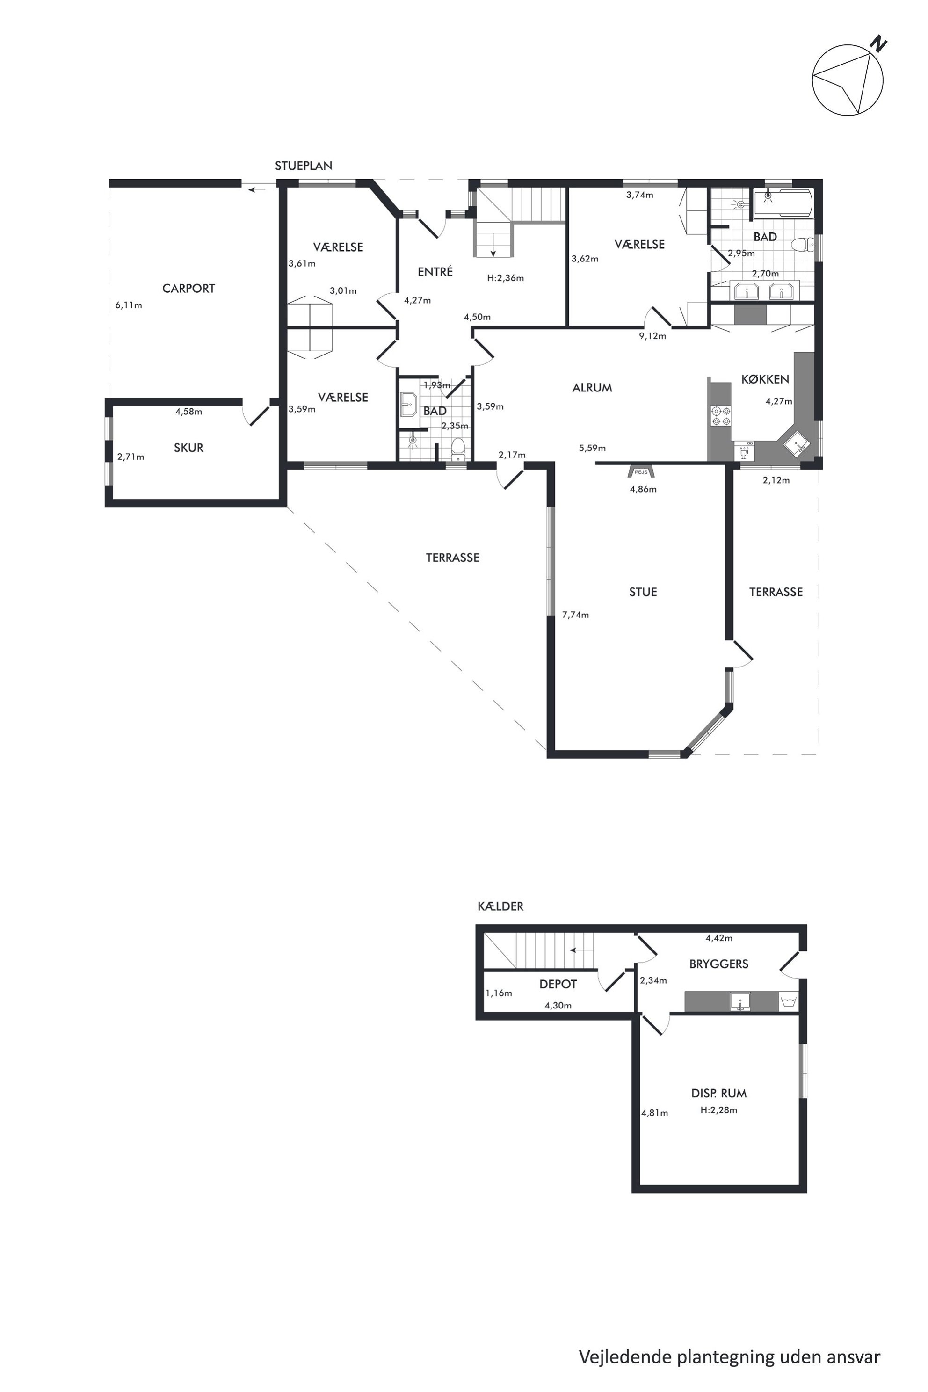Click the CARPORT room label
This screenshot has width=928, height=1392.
(188, 289)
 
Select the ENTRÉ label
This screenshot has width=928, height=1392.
(435, 272)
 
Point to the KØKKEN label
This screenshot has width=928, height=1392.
(765, 379)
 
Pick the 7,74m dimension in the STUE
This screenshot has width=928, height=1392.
(575, 615)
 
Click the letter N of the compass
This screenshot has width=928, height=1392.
(878, 44)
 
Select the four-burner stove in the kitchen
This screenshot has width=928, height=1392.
(721, 416)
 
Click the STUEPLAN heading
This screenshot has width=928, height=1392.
(304, 166)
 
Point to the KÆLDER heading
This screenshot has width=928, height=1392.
(500, 906)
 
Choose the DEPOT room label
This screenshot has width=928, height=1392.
(558, 984)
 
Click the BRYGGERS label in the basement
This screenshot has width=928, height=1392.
(718, 964)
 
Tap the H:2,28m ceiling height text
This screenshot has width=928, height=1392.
(718, 1110)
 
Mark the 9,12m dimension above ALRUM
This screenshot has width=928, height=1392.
(652, 336)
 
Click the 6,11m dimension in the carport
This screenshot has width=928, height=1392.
(129, 305)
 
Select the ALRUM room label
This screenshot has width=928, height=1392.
(592, 388)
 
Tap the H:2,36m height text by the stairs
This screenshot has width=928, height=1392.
(506, 278)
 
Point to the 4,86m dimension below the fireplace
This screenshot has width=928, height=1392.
(643, 489)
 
